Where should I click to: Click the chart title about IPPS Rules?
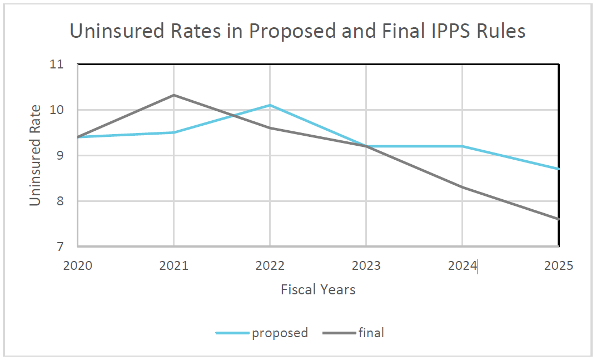pyautogui.click(x=297, y=31)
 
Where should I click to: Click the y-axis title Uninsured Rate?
pyautogui.click(x=36, y=155)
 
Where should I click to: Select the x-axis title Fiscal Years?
pyautogui.click(x=318, y=289)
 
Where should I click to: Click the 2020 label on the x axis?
pyautogui.click(x=78, y=265)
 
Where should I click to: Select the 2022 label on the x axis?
pyautogui.click(x=270, y=265)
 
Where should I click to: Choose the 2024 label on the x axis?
pyautogui.click(x=462, y=265)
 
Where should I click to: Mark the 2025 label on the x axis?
pyautogui.click(x=558, y=265)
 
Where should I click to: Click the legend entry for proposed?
pyautogui.click(x=279, y=333)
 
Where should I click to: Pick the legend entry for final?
pyautogui.click(x=371, y=333)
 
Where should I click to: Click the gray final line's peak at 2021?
pyautogui.click(x=174, y=95)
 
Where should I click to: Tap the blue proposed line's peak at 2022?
pyautogui.click(x=270, y=105)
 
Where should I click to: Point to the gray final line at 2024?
pyautogui.click(x=462, y=187)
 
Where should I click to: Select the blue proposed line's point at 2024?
pyautogui.click(x=462, y=146)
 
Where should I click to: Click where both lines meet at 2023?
pyautogui.click(x=366, y=146)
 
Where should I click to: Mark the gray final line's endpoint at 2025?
pyautogui.click(x=558, y=219)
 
